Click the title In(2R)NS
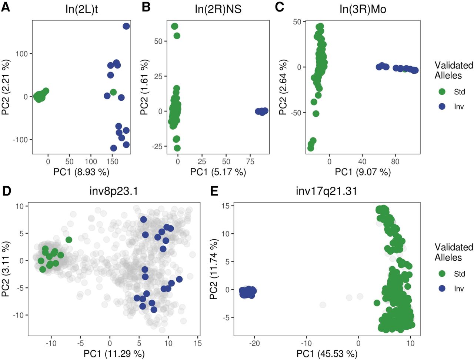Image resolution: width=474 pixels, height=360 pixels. [218, 9]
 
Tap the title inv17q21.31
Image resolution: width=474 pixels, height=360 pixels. [326, 191]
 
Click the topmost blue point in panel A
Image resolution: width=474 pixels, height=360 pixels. [126, 26]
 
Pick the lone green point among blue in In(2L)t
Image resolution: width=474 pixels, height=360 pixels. [113, 92]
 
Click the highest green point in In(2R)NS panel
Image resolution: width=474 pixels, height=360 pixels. [174, 26]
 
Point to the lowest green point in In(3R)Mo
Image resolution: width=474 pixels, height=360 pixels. [311, 148]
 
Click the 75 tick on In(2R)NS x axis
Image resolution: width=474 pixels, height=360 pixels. [250, 161]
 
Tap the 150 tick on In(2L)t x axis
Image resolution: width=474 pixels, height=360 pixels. [112, 161]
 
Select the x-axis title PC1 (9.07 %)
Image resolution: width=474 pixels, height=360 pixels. [363, 171]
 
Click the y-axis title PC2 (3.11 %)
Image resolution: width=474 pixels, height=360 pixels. [6, 269]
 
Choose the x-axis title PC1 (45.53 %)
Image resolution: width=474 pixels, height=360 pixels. [327, 353]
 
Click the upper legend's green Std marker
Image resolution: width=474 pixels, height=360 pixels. [442, 91]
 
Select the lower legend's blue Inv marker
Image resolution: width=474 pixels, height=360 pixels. [442, 289]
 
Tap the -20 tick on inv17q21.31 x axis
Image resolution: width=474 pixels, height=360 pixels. [254, 343]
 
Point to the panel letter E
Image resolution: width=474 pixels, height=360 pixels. [214, 191]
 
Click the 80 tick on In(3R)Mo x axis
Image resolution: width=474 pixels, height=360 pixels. [395, 161]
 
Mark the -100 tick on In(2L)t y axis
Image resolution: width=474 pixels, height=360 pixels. [20, 140]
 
